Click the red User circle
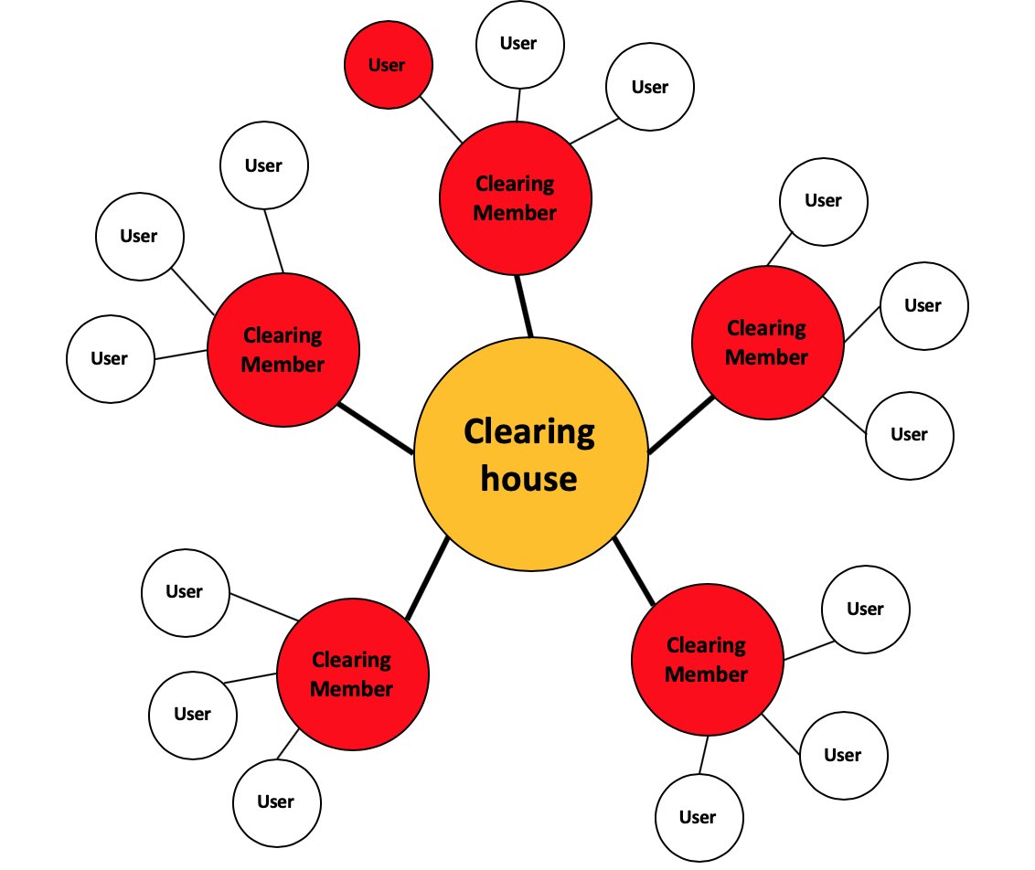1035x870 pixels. pos(388,66)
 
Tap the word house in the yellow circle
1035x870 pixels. pos(529,478)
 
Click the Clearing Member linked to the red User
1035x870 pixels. pos(516,198)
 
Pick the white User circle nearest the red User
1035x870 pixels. pos(519,44)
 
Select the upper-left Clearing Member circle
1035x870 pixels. pos(283,350)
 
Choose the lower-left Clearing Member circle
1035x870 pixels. pos(352,674)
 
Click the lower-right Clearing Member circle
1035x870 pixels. pos(707,660)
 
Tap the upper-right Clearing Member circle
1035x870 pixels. pos(767,343)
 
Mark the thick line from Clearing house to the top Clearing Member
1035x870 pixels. pos(524,305)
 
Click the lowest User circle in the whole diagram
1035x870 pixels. pos(699,817)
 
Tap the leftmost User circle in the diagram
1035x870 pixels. pos(110,359)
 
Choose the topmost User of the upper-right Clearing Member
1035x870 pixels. pos(823,201)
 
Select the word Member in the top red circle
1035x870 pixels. pos(516,213)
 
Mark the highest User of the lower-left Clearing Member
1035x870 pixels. pos(185,592)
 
